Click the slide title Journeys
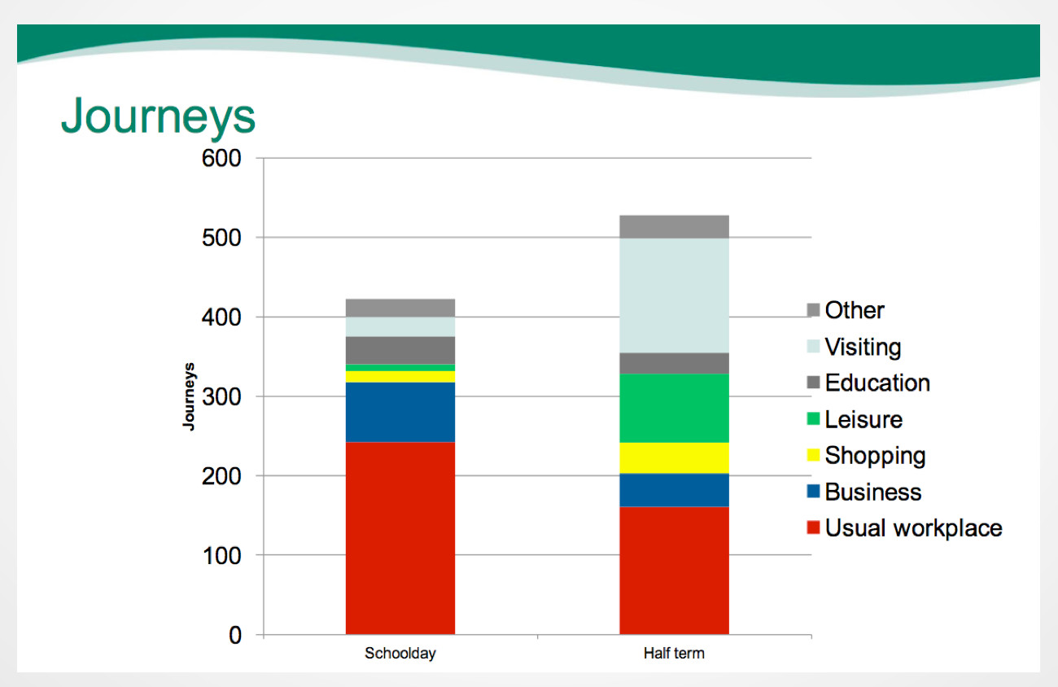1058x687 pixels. tap(158, 116)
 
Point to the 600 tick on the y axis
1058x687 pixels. tap(221, 158)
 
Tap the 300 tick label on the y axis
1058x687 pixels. tap(221, 397)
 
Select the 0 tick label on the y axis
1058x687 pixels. tap(235, 636)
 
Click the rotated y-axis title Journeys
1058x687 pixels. tap(189, 396)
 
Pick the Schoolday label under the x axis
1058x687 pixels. tap(400, 654)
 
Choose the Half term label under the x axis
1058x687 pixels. tap(674, 654)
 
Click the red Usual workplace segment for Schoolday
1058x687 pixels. tap(400, 538)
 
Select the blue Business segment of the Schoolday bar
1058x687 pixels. tap(400, 412)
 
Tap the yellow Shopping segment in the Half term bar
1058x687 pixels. tap(675, 457)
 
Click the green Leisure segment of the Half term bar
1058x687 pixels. tap(675, 409)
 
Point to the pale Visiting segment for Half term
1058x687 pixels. tap(675, 295)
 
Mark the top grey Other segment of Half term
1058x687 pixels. tap(675, 227)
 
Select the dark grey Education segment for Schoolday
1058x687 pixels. tap(400, 350)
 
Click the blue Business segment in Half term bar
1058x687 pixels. tap(675, 490)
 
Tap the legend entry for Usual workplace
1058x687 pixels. tap(904, 528)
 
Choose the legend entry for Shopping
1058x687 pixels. tap(866, 456)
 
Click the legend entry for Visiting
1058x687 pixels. tap(854, 347)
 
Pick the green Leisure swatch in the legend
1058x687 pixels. tap(813, 419)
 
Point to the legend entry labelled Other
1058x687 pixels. tap(846, 310)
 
